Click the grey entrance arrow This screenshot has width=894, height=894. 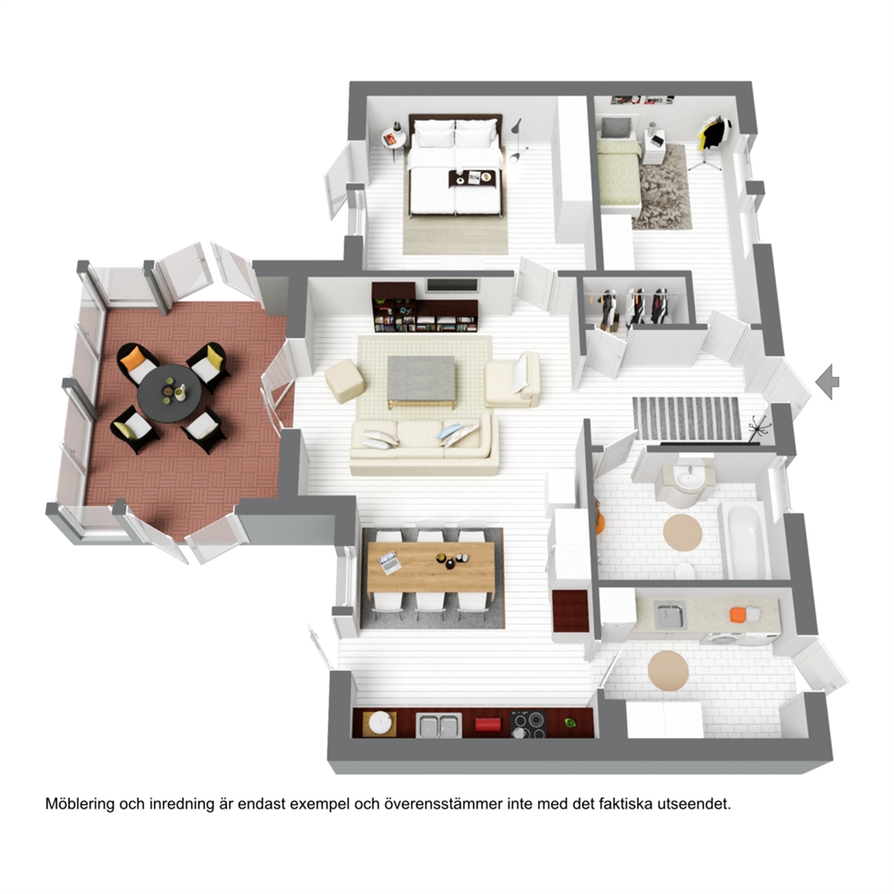(x=828, y=381)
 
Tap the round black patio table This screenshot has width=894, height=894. (x=169, y=393)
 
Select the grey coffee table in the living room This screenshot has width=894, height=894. (x=422, y=379)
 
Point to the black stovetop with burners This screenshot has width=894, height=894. (x=528, y=724)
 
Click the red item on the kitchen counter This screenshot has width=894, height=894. (x=488, y=724)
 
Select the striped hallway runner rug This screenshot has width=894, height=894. (x=687, y=418)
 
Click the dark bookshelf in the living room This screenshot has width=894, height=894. (x=424, y=308)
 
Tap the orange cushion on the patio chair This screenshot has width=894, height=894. (x=133, y=359)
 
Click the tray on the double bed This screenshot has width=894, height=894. (x=471, y=178)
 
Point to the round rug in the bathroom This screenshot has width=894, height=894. (x=682, y=533)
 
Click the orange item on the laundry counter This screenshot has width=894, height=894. (x=738, y=615)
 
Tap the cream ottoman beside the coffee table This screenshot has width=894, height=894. (x=344, y=380)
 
